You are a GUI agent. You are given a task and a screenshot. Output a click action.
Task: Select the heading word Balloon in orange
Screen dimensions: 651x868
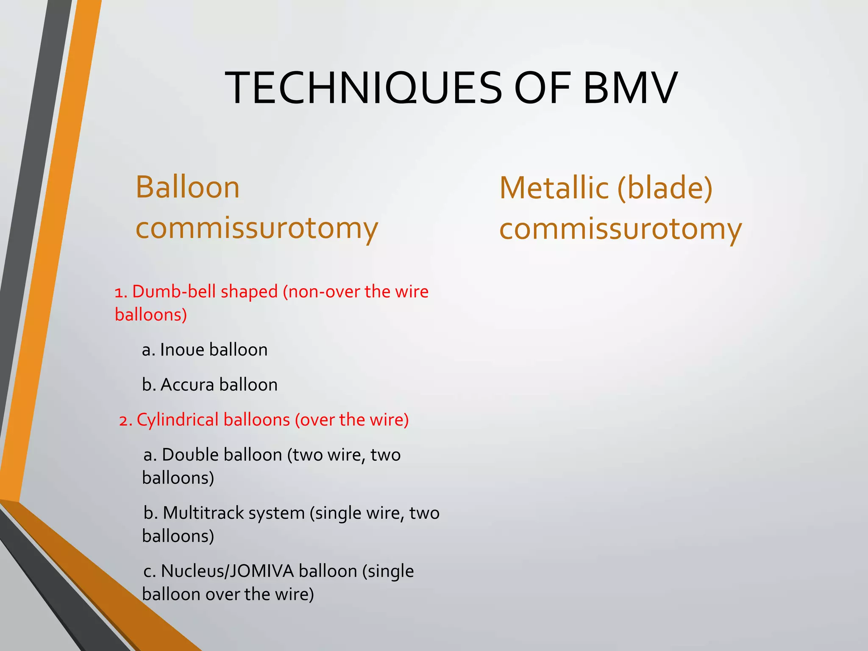(188, 187)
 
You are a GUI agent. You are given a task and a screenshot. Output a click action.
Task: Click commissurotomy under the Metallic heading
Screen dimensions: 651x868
(620, 229)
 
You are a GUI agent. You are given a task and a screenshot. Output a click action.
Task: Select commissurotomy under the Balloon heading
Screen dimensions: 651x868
(256, 228)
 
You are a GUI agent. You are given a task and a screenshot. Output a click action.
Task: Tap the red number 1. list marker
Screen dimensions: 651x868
(121, 292)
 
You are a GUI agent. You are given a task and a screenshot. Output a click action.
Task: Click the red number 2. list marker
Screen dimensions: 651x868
(125, 420)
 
